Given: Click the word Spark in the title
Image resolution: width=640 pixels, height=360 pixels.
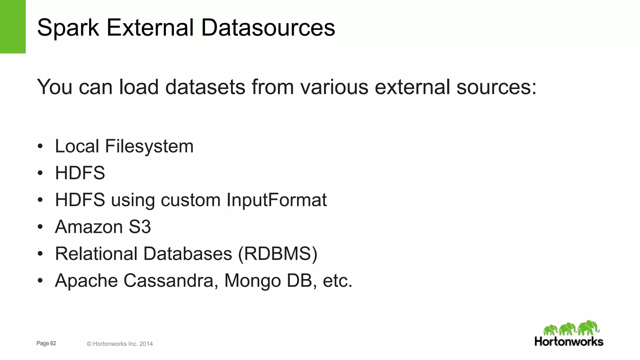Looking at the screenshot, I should click(x=68, y=28).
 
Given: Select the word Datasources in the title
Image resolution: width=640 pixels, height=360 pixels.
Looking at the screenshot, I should click(x=268, y=28).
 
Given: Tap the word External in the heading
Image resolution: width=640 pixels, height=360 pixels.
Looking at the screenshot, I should click(x=150, y=28).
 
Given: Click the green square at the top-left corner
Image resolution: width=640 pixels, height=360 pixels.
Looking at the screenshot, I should click(x=12, y=27).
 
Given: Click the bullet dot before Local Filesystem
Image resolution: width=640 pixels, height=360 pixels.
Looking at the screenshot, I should click(x=40, y=146).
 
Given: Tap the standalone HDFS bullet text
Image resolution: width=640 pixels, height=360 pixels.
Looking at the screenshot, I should click(x=80, y=173).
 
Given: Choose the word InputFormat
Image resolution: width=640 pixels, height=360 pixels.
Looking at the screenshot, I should click(x=277, y=200).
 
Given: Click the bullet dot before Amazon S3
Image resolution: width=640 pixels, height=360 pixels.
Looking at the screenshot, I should click(x=40, y=227).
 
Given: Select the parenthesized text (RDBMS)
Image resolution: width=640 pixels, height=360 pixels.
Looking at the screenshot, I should click(x=277, y=254).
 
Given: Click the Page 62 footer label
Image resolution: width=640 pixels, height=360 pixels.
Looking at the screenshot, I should click(x=46, y=343).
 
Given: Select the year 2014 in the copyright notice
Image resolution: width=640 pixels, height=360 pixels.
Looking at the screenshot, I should click(x=146, y=344).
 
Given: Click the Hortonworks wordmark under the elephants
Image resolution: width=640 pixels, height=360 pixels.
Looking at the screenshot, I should click(x=569, y=341).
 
